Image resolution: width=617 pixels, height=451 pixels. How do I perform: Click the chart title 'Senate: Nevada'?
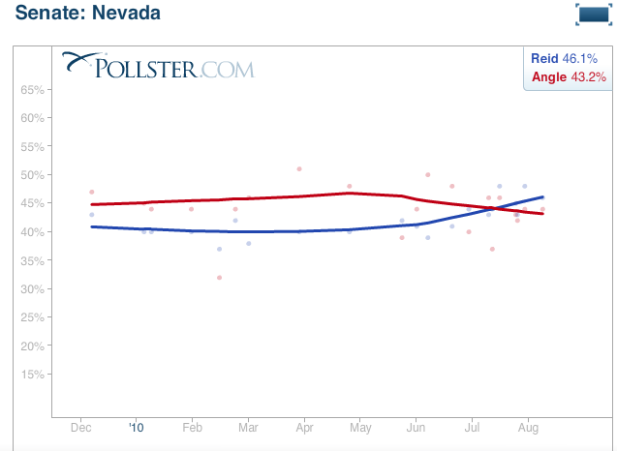click(x=87, y=14)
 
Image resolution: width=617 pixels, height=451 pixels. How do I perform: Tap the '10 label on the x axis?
click(x=136, y=426)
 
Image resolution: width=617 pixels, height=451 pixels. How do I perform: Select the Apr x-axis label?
click(x=304, y=426)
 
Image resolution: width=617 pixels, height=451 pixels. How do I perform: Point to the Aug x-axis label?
click(x=528, y=426)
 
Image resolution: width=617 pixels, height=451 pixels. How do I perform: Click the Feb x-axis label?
click(x=192, y=426)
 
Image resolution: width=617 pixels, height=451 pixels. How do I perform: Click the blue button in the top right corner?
click(x=592, y=14)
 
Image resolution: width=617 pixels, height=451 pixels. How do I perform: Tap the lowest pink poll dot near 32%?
click(x=219, y=278)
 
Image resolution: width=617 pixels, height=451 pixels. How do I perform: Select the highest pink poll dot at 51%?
click(x=299, y=168)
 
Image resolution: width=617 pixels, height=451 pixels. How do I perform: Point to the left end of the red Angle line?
click(x=91, y=204)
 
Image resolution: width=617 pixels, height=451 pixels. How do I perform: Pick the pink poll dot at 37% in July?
click(x=492, y=249)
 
